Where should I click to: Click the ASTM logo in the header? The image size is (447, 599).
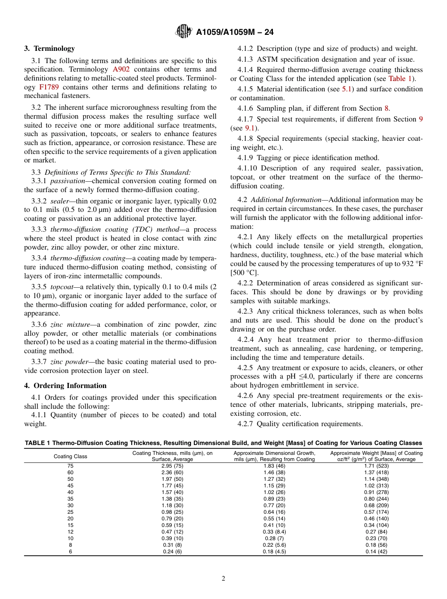coord(184,32)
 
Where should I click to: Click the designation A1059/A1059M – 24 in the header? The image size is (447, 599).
coord(235,32)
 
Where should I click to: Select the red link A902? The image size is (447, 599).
coord(121,69)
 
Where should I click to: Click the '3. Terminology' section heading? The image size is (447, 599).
coord(49,49)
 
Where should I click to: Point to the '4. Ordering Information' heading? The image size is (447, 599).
coord(65,386)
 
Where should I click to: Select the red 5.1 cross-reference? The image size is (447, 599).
coord(347,89)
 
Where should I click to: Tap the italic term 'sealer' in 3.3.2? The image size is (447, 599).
coord(60,201)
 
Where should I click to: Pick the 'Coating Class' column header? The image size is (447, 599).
coord(70,456)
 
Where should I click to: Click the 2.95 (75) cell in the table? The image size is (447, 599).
coord(172,466)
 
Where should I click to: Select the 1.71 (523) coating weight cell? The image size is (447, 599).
coord(376,466)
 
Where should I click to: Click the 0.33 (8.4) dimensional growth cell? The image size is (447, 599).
coord(274,532)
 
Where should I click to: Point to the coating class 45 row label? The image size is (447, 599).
coord(71,486)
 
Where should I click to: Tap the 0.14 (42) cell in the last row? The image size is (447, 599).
coord(376,551)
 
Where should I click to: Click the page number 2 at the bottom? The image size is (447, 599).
coord(223,579)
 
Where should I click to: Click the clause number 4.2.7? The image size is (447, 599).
coord(245,424)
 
